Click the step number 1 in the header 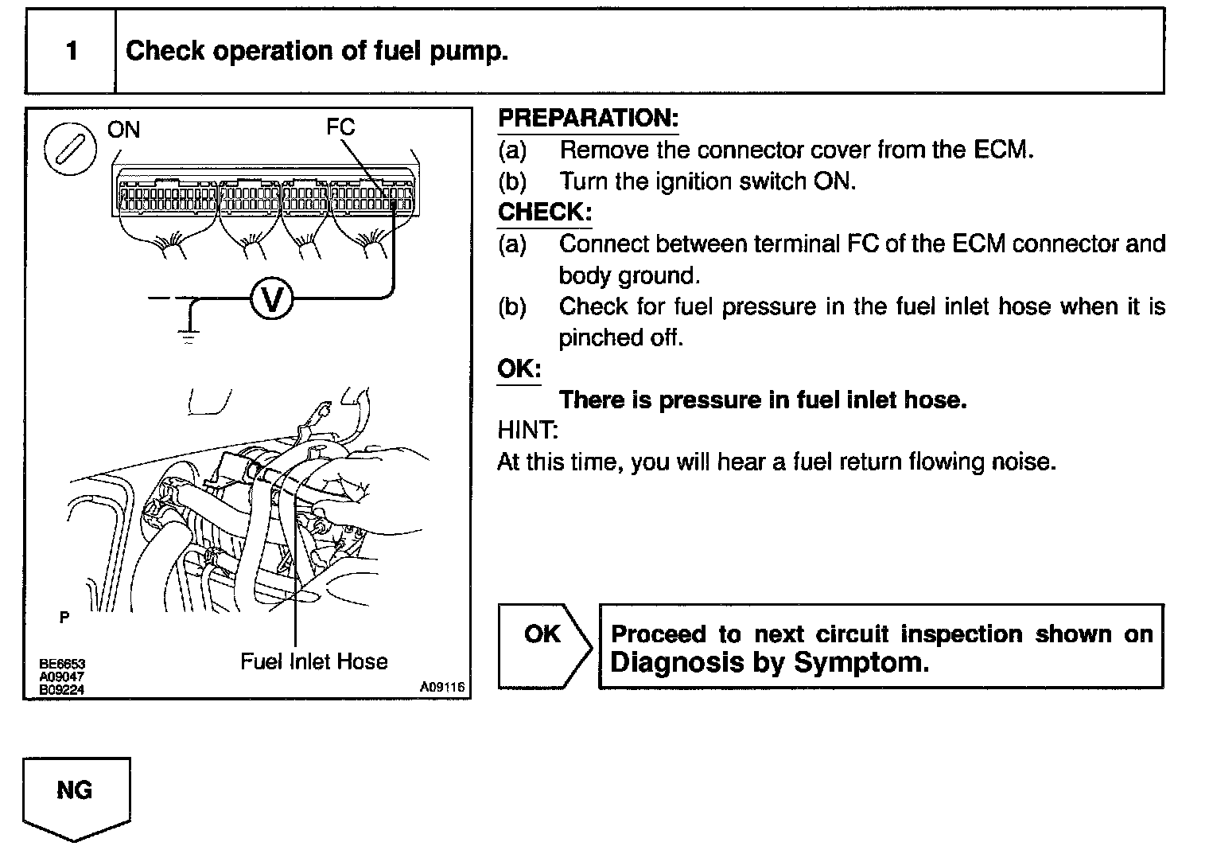pos(72,52)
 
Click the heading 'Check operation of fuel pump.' pos(317,52)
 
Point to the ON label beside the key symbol pos(123,130)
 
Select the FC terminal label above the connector pos(340,127)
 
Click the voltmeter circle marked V pos(272,299)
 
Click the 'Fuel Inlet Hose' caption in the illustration pos(313,661)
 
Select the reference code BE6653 pos(62,664)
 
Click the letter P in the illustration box pos(64,617)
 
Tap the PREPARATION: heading pos(588,119)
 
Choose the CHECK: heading pos(545,212)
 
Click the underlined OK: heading pos(519,369)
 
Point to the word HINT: pos(527,431)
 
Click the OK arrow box pos(544,645)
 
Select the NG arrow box pos(76,796)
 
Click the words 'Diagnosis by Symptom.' pos(769,662)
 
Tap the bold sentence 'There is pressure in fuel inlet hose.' pos(763,400)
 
